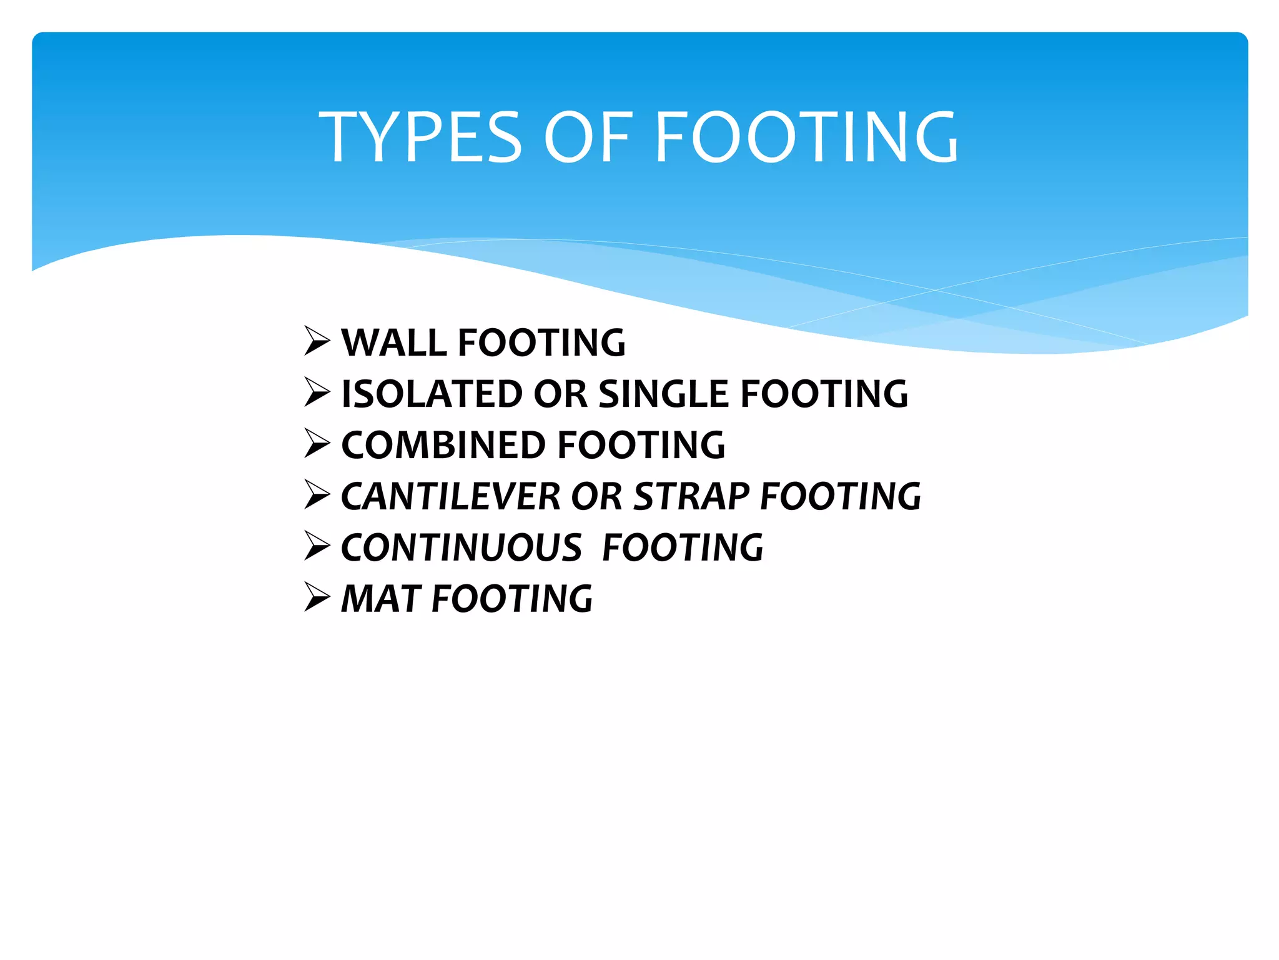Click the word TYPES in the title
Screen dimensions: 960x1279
pos(420,137)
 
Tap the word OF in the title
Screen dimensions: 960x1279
pos(588,137)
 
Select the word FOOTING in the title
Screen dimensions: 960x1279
pos(806,137)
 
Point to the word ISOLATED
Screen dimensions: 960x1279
pos(432,394)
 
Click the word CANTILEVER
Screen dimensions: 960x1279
pos(451,497)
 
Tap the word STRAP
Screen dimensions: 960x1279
pos(691,497)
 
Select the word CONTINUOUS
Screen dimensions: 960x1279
pos(462,548)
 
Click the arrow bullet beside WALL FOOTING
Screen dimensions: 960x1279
pos(317,341)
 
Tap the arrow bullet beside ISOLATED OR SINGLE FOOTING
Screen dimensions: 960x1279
pos(317,392)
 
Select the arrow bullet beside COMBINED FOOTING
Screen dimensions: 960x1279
pos(317,444)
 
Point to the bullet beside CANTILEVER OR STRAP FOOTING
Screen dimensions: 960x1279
pos(317,495)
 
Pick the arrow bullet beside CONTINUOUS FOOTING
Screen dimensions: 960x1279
pos(317,546)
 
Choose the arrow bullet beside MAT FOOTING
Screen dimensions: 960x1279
pos(317,597)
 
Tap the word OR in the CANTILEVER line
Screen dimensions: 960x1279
pos(596,497)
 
